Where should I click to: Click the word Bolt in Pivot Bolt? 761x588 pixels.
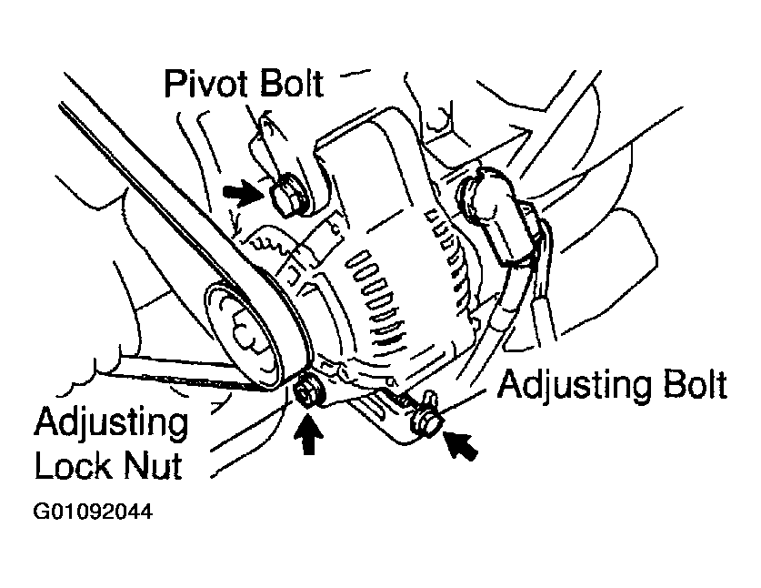click(288, 85)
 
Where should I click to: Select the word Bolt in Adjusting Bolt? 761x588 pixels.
click(691, 386)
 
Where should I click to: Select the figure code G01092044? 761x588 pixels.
click(92, 512)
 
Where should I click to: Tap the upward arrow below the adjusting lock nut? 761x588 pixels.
click(309, 434)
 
